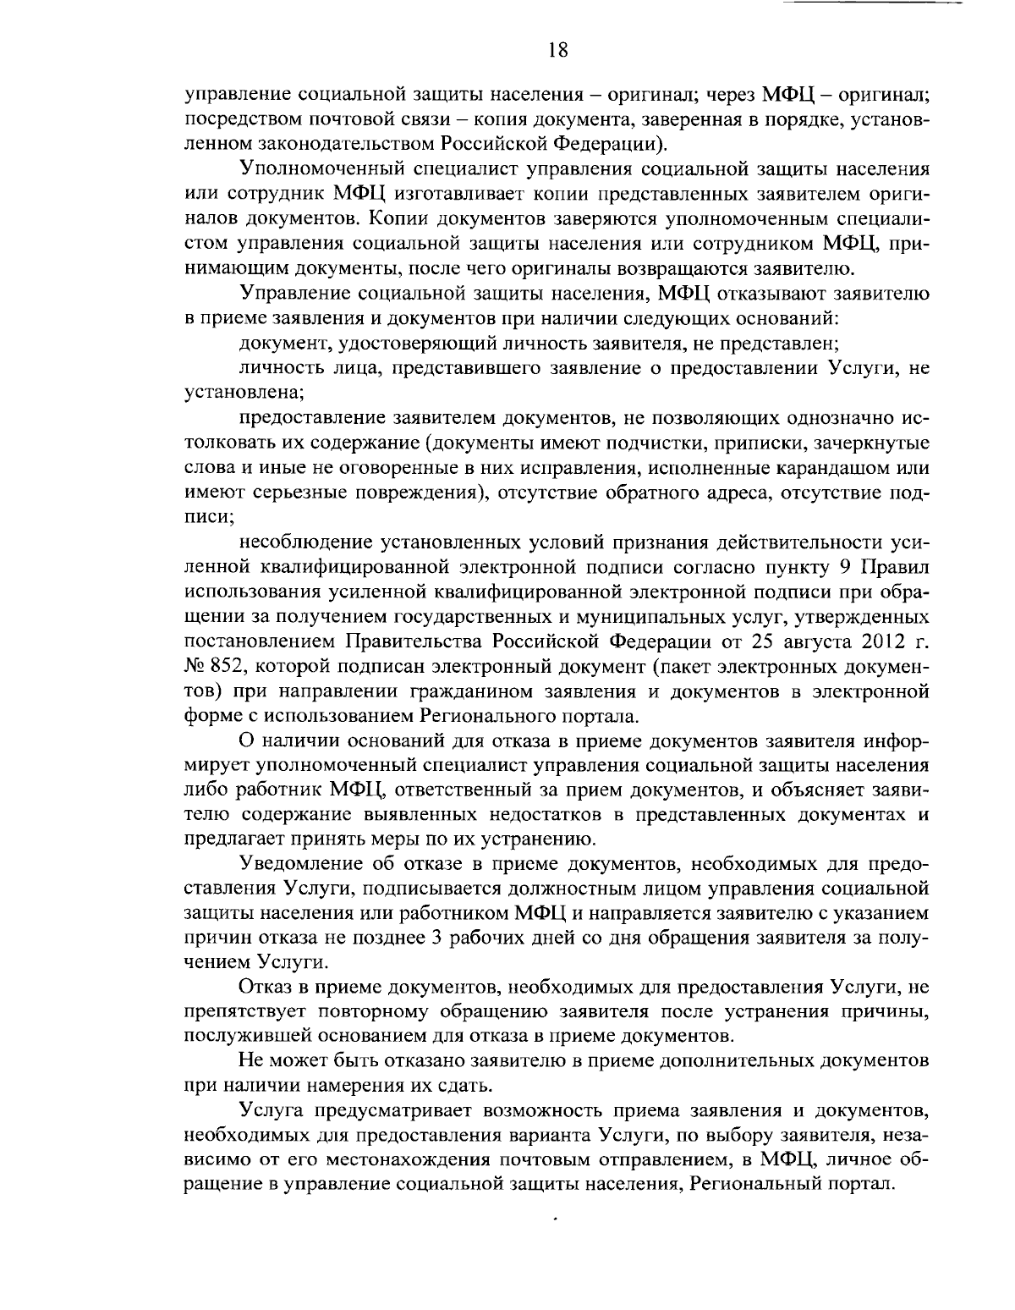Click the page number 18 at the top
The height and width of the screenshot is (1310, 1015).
[x=557, y=50]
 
